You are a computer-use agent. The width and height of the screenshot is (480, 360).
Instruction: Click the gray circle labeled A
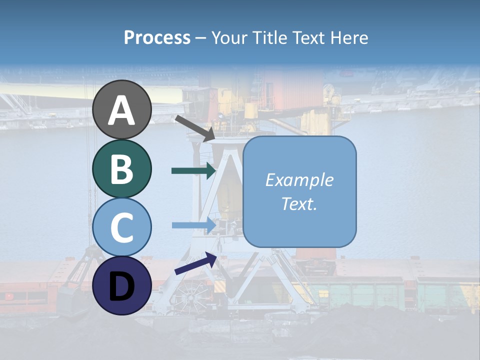coord(122,109)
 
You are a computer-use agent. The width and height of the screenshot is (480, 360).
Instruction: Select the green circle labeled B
coord(122,168)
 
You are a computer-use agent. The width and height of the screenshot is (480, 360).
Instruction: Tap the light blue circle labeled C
coord(122,227)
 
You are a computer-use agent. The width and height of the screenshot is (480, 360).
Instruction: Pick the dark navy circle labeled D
coord(122,286)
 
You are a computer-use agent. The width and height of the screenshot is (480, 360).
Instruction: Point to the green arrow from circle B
coord(193,170)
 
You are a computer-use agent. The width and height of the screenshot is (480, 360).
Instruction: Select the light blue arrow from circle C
coord(193,225)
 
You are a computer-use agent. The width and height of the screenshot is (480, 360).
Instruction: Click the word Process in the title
coord(157,37)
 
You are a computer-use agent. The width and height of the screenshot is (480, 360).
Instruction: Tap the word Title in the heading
coord(267,37)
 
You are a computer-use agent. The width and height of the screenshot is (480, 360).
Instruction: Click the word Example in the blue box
coord(299,180)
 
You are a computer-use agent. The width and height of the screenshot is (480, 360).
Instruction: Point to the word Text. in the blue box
coord(299,204)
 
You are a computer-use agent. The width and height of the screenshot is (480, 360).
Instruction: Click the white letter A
coord(122,110)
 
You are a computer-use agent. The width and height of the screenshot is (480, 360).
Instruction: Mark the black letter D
coord(122,286)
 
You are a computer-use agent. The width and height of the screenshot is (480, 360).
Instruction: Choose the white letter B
coord(122,169)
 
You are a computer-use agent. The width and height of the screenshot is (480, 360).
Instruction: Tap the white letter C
coord(122,228)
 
